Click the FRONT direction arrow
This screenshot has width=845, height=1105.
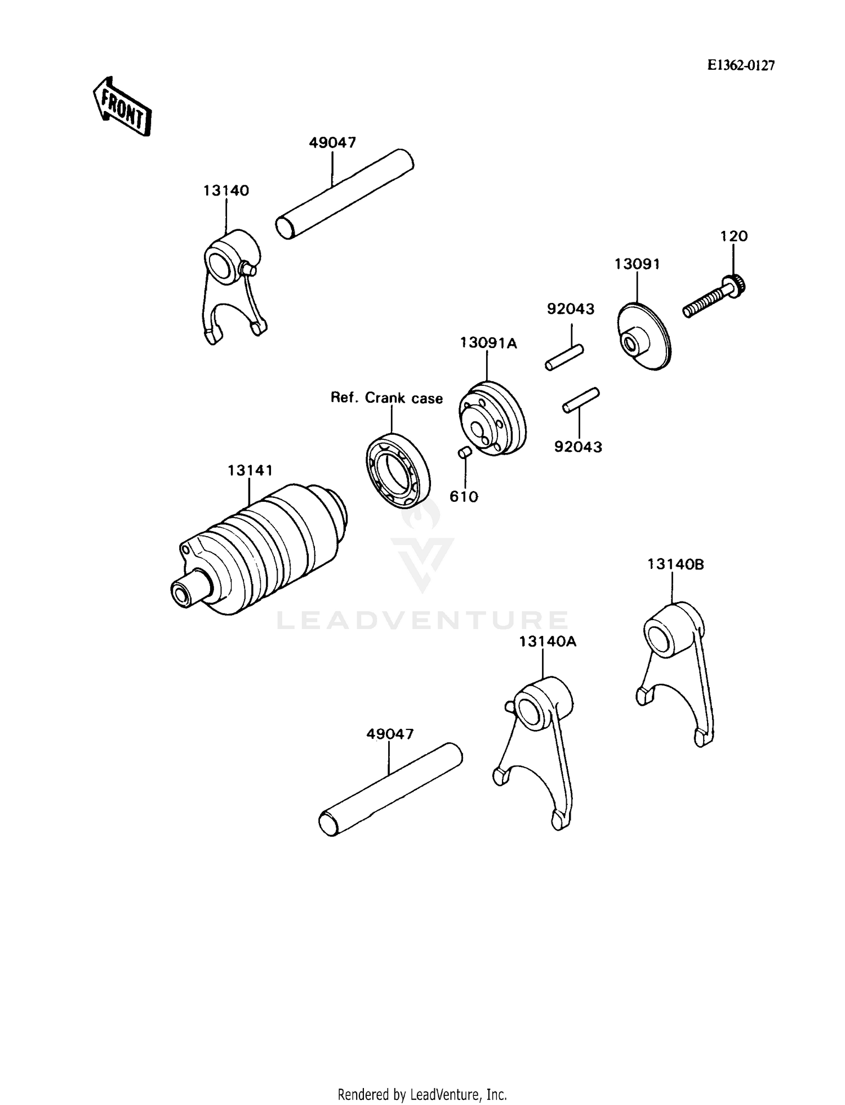tap(122, 106)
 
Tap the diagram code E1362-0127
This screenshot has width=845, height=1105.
tap(741, 66)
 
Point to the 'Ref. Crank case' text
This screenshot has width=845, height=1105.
tap(386, 398)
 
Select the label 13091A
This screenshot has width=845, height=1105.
tap(488, 343)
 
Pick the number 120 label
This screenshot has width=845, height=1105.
tap(733, 236)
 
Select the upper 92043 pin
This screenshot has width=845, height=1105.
tap(564, 358)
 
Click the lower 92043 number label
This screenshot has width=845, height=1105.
tap(578, 447)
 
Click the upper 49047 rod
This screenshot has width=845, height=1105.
tap(345, 194)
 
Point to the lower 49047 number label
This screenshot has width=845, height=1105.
tap(390, 734)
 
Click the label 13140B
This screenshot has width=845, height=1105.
tap(675, 564)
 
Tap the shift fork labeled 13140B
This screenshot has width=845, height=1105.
tap(676, 665)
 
